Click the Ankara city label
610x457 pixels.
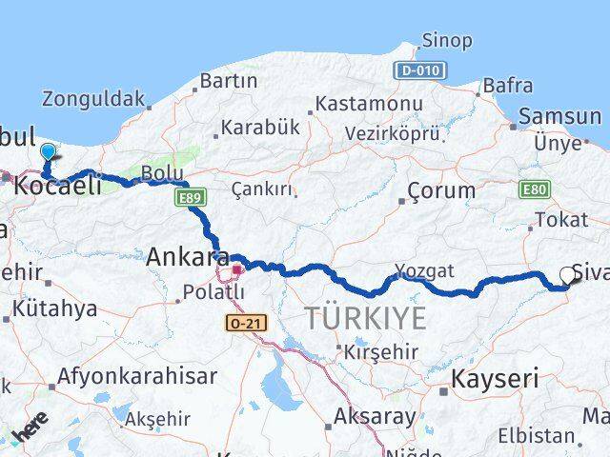187,256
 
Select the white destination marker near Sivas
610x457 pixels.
568,275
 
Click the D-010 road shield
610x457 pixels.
418,70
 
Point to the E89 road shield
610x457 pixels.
188,197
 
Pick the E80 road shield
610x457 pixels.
534,190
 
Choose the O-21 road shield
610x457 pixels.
246,323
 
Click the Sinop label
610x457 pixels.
446,41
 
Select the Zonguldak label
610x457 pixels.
93,98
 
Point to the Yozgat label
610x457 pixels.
425,270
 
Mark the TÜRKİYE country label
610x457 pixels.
364,319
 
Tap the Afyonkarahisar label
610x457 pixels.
137,376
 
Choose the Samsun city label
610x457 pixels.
559,117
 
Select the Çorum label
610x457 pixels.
440,189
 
